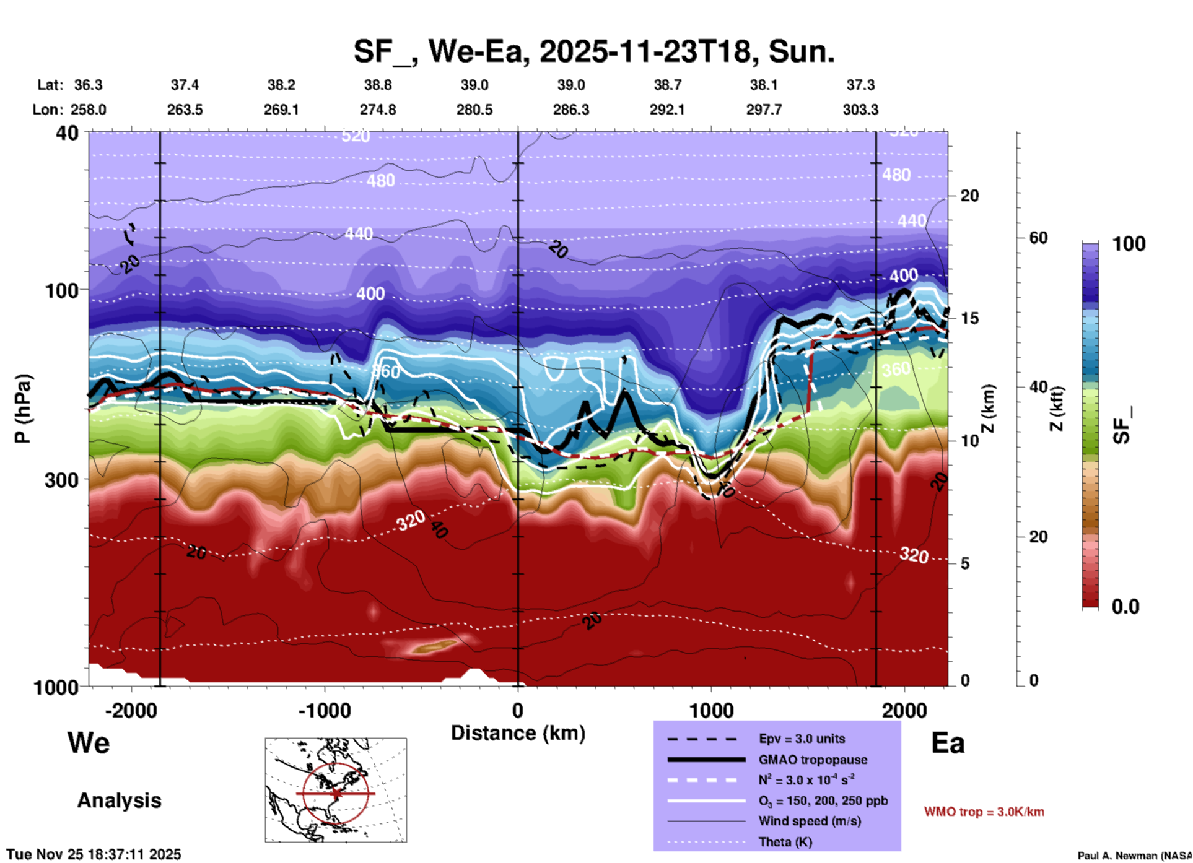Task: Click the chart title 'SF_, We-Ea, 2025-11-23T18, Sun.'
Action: [594, 51]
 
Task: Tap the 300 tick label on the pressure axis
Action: [62, 480]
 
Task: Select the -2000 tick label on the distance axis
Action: [131, 710]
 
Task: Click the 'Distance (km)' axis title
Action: [518, 733]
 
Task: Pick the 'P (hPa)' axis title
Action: [23, 409]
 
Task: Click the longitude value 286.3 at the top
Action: [570, 110]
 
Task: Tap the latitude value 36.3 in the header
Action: [88, 85]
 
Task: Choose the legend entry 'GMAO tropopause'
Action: [813, 760]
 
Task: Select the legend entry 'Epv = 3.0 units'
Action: [802, 739]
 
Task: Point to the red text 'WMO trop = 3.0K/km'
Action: [984, 812]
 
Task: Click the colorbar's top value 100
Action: [1129, 244]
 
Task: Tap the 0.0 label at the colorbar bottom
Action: [1125, 607]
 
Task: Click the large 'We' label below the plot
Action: [89, 742]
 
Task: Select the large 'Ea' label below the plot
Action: [948, 743]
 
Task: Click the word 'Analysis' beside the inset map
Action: [119, 800]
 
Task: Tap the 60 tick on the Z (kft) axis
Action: [1038, 238]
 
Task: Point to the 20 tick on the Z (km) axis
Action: [969, 196]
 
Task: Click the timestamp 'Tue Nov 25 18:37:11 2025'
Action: [94, 854]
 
